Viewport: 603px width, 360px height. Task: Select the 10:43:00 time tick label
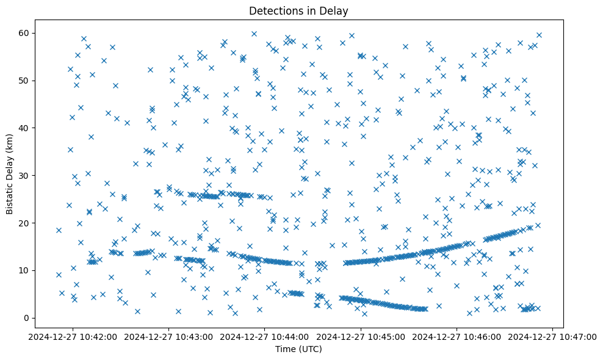[169, 337]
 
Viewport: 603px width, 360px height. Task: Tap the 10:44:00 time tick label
[265, 337]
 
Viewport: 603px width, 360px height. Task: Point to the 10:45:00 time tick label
[361, 337]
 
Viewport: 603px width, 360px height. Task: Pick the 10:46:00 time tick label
[457, 337]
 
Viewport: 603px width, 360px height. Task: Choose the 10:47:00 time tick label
[553, 337]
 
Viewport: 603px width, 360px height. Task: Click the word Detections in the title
[272, 10]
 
